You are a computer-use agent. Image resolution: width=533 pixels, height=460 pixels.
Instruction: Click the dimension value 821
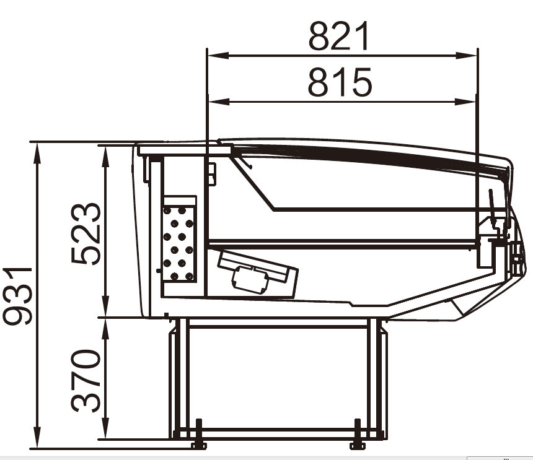click(338, 36)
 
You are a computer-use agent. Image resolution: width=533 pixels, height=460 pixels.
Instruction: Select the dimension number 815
click(340, 82)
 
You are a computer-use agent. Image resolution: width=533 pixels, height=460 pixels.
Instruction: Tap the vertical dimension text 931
click(17, 295)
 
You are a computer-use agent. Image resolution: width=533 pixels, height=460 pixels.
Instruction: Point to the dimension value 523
click(86, 233)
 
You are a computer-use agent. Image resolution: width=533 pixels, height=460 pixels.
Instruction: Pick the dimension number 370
click(86, 380)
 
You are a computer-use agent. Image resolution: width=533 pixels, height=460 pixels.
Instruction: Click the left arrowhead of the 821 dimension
click(218, 55)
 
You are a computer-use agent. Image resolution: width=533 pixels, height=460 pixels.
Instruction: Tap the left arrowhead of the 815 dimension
click(219, 102)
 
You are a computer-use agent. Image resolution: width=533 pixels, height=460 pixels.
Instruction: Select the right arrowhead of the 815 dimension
click(465, 102)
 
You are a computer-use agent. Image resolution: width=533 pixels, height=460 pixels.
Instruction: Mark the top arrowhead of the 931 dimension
click(37, 153)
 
